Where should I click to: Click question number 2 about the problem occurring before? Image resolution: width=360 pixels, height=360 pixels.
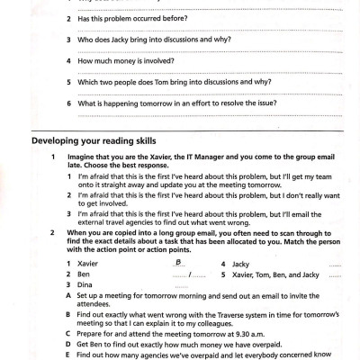[68, 19]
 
